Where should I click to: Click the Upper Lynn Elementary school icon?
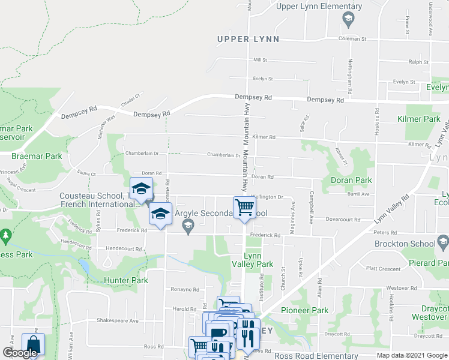(348, 20)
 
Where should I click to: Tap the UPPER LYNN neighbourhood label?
(249, 40)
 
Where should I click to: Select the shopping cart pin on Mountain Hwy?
(245, 208)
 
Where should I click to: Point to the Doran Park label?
(351, 180)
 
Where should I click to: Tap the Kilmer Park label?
(419, 119)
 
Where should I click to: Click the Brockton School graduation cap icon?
(443, 243)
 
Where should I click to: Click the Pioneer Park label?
(304, 310)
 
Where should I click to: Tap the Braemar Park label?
(37, 156)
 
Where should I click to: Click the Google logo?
(20, 353)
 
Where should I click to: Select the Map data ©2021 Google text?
(412, 355)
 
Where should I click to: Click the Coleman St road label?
(352, 38)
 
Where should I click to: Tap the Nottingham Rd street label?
(349, 79)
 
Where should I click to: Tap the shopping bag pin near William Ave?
(32, 346)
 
